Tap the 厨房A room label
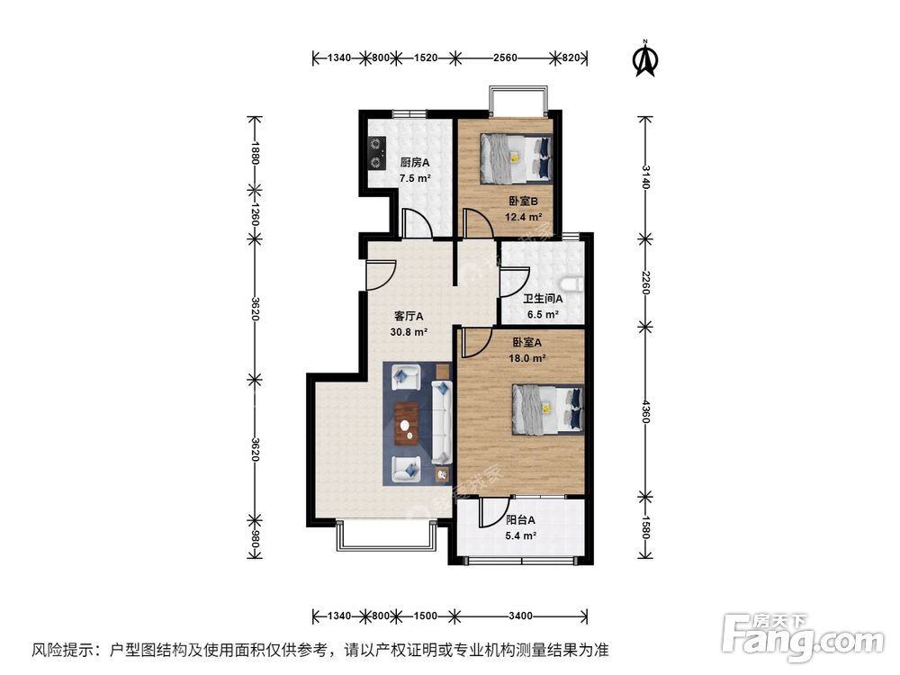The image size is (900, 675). [x=414, y=163]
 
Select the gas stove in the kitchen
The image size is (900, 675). [x=374, y=152]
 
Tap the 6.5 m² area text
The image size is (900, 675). [x=541, y=315]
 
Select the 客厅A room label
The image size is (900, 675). [x=409, y=316]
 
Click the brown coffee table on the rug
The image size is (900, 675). [x=409, y=424]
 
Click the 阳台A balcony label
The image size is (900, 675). [x=520, y=519]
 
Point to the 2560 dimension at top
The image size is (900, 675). [x=505, y=58]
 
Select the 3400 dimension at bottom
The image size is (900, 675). [x=520, y=616]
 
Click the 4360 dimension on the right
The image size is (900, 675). [x=644, y=410]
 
